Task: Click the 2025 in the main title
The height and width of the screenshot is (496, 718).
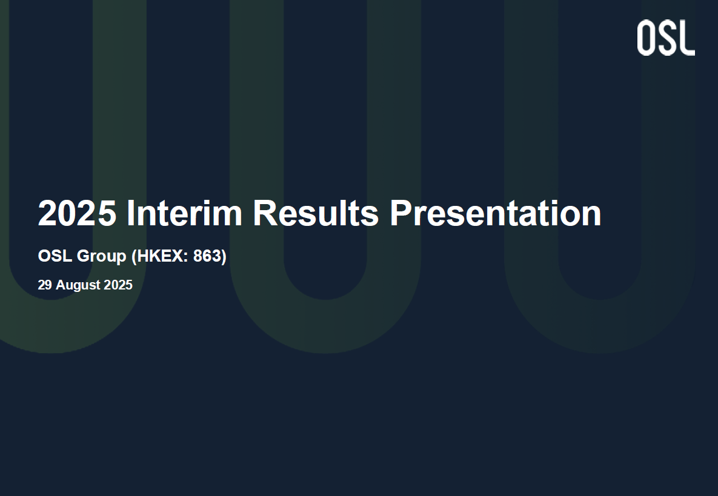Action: click(x=77, y=213)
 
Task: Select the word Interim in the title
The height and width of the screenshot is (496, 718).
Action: click(x=184, y=213)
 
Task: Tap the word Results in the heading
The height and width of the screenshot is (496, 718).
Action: click(x=316, y=213)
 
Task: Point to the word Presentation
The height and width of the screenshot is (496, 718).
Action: click(x=495, y=213)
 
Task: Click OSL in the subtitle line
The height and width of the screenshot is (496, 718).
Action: click(x=55, y=256)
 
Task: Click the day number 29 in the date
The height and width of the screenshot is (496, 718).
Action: click(x=44, y=285)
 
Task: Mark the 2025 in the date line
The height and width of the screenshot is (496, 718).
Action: click(x=118, y=285)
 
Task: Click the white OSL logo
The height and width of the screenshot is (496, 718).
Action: click(x=666, y=38)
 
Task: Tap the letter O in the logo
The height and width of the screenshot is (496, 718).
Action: click(x=646, y=38)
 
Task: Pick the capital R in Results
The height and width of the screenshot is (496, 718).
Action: click(x=265, y=213)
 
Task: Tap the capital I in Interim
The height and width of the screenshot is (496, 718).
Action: click(x=130, y=213)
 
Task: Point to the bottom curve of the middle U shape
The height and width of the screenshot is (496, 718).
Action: click(x=325, y=326)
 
